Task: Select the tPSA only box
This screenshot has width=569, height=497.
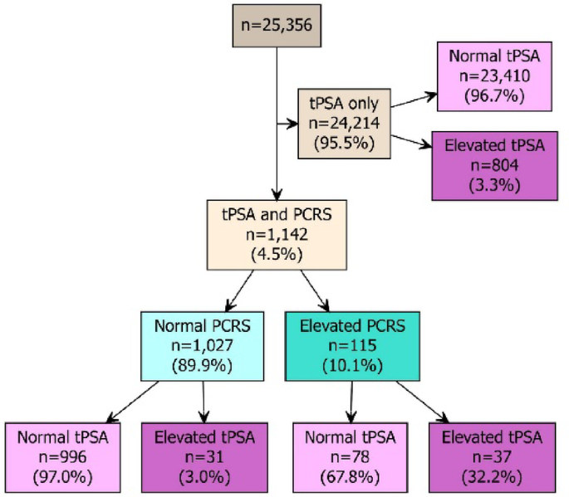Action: (x=344, y=124)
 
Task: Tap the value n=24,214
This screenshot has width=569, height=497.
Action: (x=344, y=124)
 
